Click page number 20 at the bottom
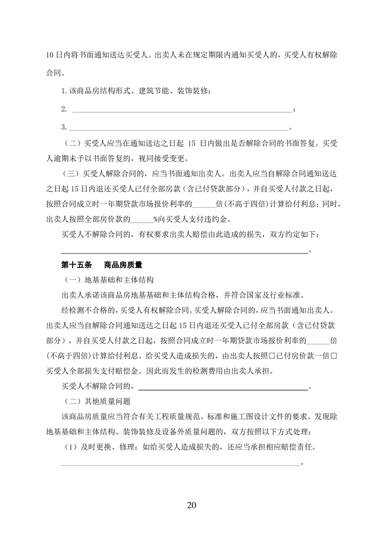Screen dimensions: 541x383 click(x=191, y=505)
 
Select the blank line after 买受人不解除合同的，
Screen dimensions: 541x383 click(x=223, y=387)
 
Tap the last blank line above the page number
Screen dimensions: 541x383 click(x=180, y=465)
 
